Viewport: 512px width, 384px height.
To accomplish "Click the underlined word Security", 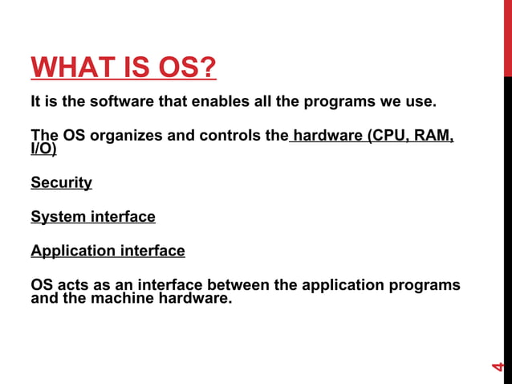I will pyautogui.click(x=61, y=182).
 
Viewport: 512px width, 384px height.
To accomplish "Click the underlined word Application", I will pyautogui.click(x=73, y=251).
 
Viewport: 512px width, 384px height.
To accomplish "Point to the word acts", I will pyautogui.click(x=73, y=285).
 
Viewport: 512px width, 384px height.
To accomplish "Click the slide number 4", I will pyautogui.click(x=498, y=366).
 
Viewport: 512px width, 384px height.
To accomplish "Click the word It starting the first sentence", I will pyautogui.click(x=36, y=103).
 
